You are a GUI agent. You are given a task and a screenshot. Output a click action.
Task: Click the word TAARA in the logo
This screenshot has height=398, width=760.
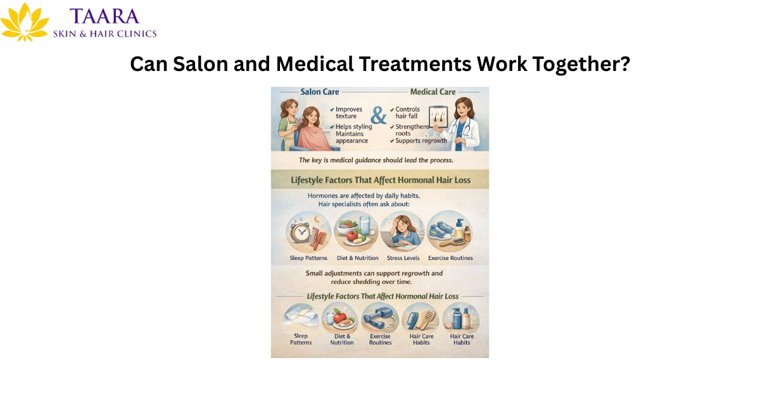click(106, 16)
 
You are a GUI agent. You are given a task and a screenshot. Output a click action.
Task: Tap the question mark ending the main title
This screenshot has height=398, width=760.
click(623, 64)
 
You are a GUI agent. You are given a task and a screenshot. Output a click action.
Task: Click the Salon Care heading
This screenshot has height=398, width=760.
click(319, 92)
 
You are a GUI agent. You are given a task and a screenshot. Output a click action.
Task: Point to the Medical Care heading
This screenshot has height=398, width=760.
click(433, 92)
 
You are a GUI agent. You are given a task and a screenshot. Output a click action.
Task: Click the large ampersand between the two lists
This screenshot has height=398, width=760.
click(379, 116)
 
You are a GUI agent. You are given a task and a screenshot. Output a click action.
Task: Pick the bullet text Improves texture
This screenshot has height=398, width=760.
click(350, 113)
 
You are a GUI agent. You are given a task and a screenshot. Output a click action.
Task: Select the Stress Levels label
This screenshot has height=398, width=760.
click(403, 258)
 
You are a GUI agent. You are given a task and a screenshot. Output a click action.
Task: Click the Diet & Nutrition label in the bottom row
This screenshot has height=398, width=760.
click(341, 339)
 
